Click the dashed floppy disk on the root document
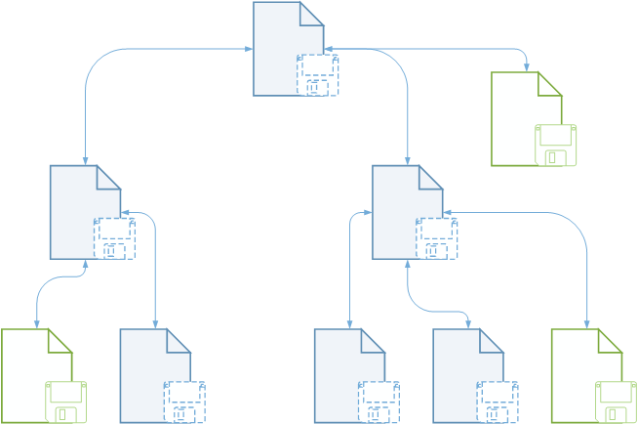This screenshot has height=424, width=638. [318, 75]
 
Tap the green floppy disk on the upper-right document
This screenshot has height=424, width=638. [556, 146]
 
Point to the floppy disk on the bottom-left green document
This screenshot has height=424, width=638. [66, 402]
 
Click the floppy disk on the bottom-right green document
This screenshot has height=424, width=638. [617, 402]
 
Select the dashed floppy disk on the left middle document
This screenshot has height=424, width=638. [114, 238]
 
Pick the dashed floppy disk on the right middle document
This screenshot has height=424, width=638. [436, 238]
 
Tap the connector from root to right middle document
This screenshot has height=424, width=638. [406, 98]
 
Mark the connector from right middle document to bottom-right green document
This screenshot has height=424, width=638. [586, 264]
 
